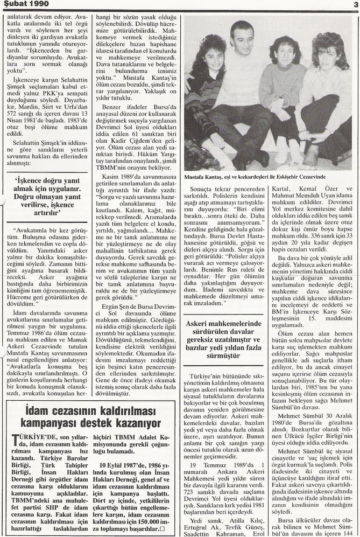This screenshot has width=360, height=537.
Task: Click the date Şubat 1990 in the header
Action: point(25,5)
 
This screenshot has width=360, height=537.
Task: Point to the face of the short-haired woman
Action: point(283,56)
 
